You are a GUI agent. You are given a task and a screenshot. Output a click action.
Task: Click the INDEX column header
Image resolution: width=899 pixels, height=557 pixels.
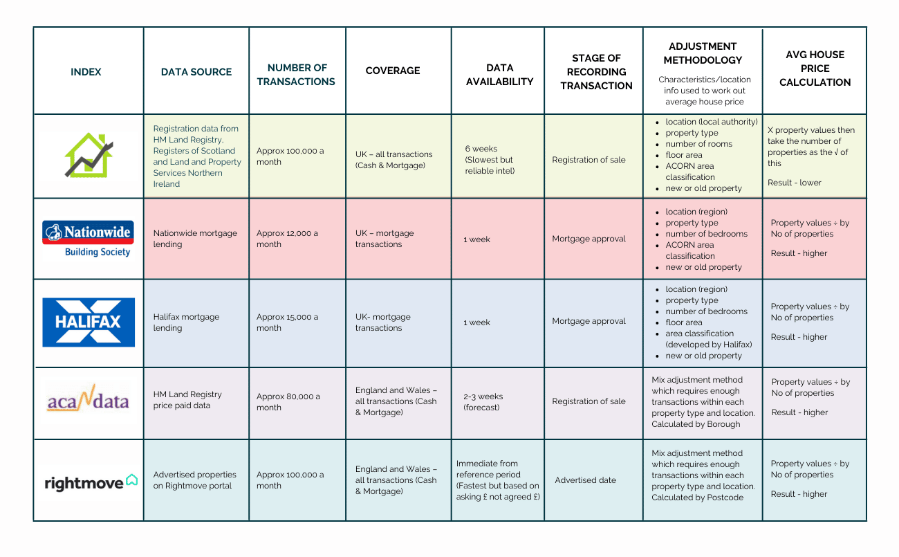(x=86, y=72)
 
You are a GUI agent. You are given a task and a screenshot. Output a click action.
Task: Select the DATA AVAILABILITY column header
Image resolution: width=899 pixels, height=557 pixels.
(x=499, y=75)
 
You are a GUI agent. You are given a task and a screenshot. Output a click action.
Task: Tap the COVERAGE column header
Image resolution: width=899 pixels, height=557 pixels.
(x=393, y=71)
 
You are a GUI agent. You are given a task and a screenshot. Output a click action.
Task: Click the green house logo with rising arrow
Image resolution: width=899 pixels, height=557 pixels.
(x=89, y=156)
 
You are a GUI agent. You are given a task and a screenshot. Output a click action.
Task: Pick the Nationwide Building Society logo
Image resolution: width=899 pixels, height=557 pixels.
(x=88, y=239)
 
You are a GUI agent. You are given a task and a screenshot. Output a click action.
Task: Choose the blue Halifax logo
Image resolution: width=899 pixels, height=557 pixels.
(x=88, y=322)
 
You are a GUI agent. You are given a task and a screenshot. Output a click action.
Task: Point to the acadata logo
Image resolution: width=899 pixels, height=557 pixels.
(x=88, y=399)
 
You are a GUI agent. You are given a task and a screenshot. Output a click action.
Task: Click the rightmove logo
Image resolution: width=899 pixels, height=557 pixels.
(x=91, y=482)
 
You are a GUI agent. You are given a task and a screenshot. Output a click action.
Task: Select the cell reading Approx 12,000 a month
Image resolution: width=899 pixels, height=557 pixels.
(x=287, y=239)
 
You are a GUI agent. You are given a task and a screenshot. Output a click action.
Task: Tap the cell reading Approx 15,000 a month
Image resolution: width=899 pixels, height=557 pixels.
(x=287, y=322)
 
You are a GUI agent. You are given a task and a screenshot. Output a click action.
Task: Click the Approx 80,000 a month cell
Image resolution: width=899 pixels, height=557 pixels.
(x=288, y=402)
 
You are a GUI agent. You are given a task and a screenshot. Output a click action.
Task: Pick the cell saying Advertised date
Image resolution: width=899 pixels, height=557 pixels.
(x=585, y=480)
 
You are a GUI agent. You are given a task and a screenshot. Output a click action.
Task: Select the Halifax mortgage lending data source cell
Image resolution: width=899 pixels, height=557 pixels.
(x=186, y=322)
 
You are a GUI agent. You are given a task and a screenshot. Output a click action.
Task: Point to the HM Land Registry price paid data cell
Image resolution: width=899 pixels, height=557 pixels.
(x=187, y=400)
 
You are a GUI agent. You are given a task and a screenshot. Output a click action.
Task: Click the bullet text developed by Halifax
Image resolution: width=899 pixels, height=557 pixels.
(x=708, y=345)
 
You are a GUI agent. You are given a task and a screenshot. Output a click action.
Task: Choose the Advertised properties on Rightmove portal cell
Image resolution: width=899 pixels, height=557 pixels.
(x=194, y=480)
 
